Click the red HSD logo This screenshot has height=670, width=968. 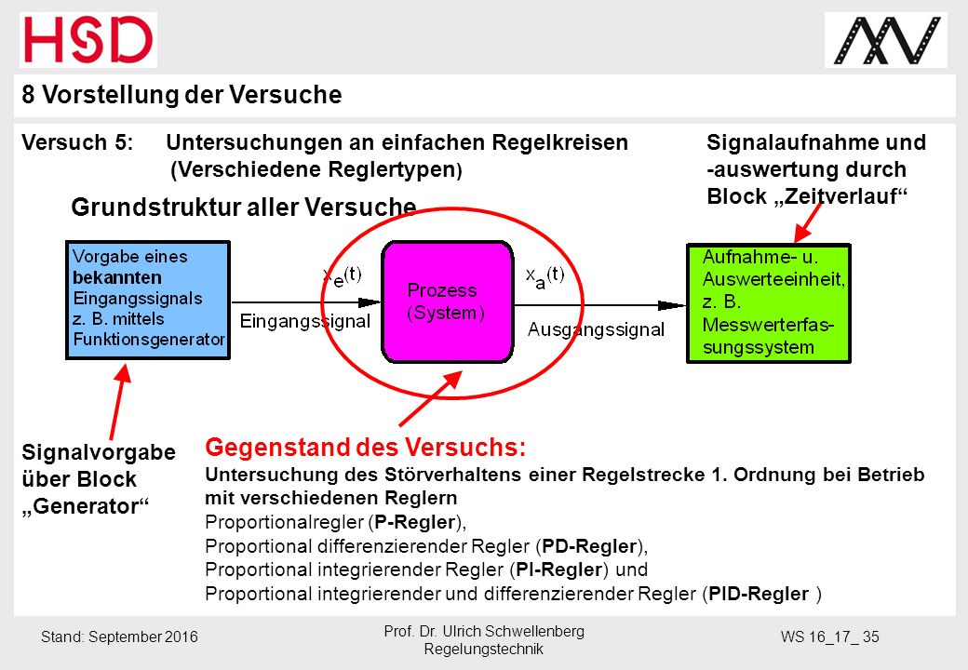(88, 39)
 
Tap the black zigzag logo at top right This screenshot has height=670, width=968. (886, 41)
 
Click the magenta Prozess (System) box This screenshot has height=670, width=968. (448, 301)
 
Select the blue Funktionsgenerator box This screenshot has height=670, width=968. (148, 300)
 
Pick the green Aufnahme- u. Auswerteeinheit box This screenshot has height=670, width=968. (769, 303)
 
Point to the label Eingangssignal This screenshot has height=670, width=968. (305, 321)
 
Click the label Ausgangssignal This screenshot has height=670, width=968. (596, 329)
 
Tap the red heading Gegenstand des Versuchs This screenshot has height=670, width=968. (366, 448)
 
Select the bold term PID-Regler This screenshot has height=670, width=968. (759, 594)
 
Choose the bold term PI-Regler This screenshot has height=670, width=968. (559, 569)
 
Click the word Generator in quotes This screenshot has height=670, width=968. (86, 506)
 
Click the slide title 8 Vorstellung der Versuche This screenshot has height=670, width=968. (181, 95)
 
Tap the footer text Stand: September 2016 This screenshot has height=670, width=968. (119, 636)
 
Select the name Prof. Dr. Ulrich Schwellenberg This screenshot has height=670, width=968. (484, 631)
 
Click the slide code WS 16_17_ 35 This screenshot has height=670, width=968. (829, 636)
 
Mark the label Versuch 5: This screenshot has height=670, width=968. (77, 142)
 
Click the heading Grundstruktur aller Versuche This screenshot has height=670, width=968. (244, 208)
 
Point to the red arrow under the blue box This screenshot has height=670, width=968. (120, 402)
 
